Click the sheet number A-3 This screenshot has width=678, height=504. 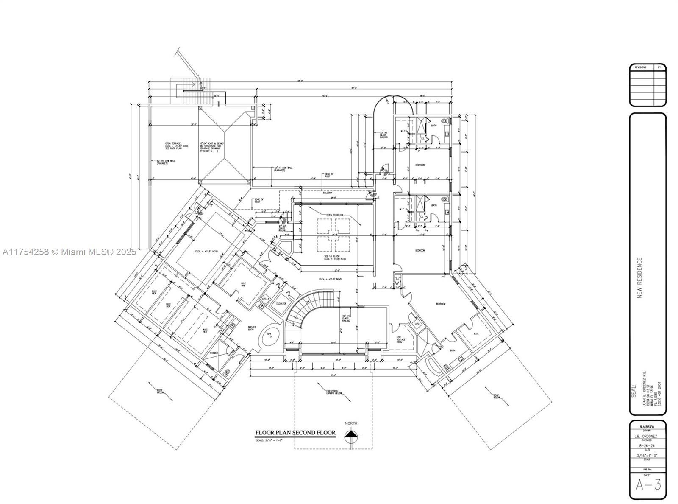point(648,484)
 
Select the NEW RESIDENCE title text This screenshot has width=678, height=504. point(640,278)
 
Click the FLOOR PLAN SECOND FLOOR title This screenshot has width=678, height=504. point(295,433)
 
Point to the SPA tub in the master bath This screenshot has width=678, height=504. point(269,336)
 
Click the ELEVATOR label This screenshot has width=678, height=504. point(281,304)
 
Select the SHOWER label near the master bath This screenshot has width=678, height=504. point(214,353)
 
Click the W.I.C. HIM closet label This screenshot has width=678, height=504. point(244,285)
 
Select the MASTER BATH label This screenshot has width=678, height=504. point(252,328)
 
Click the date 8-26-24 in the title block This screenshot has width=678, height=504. point(648,445)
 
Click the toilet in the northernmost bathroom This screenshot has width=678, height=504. point(444,121)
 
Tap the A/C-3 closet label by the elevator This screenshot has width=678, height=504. point(266,300)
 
